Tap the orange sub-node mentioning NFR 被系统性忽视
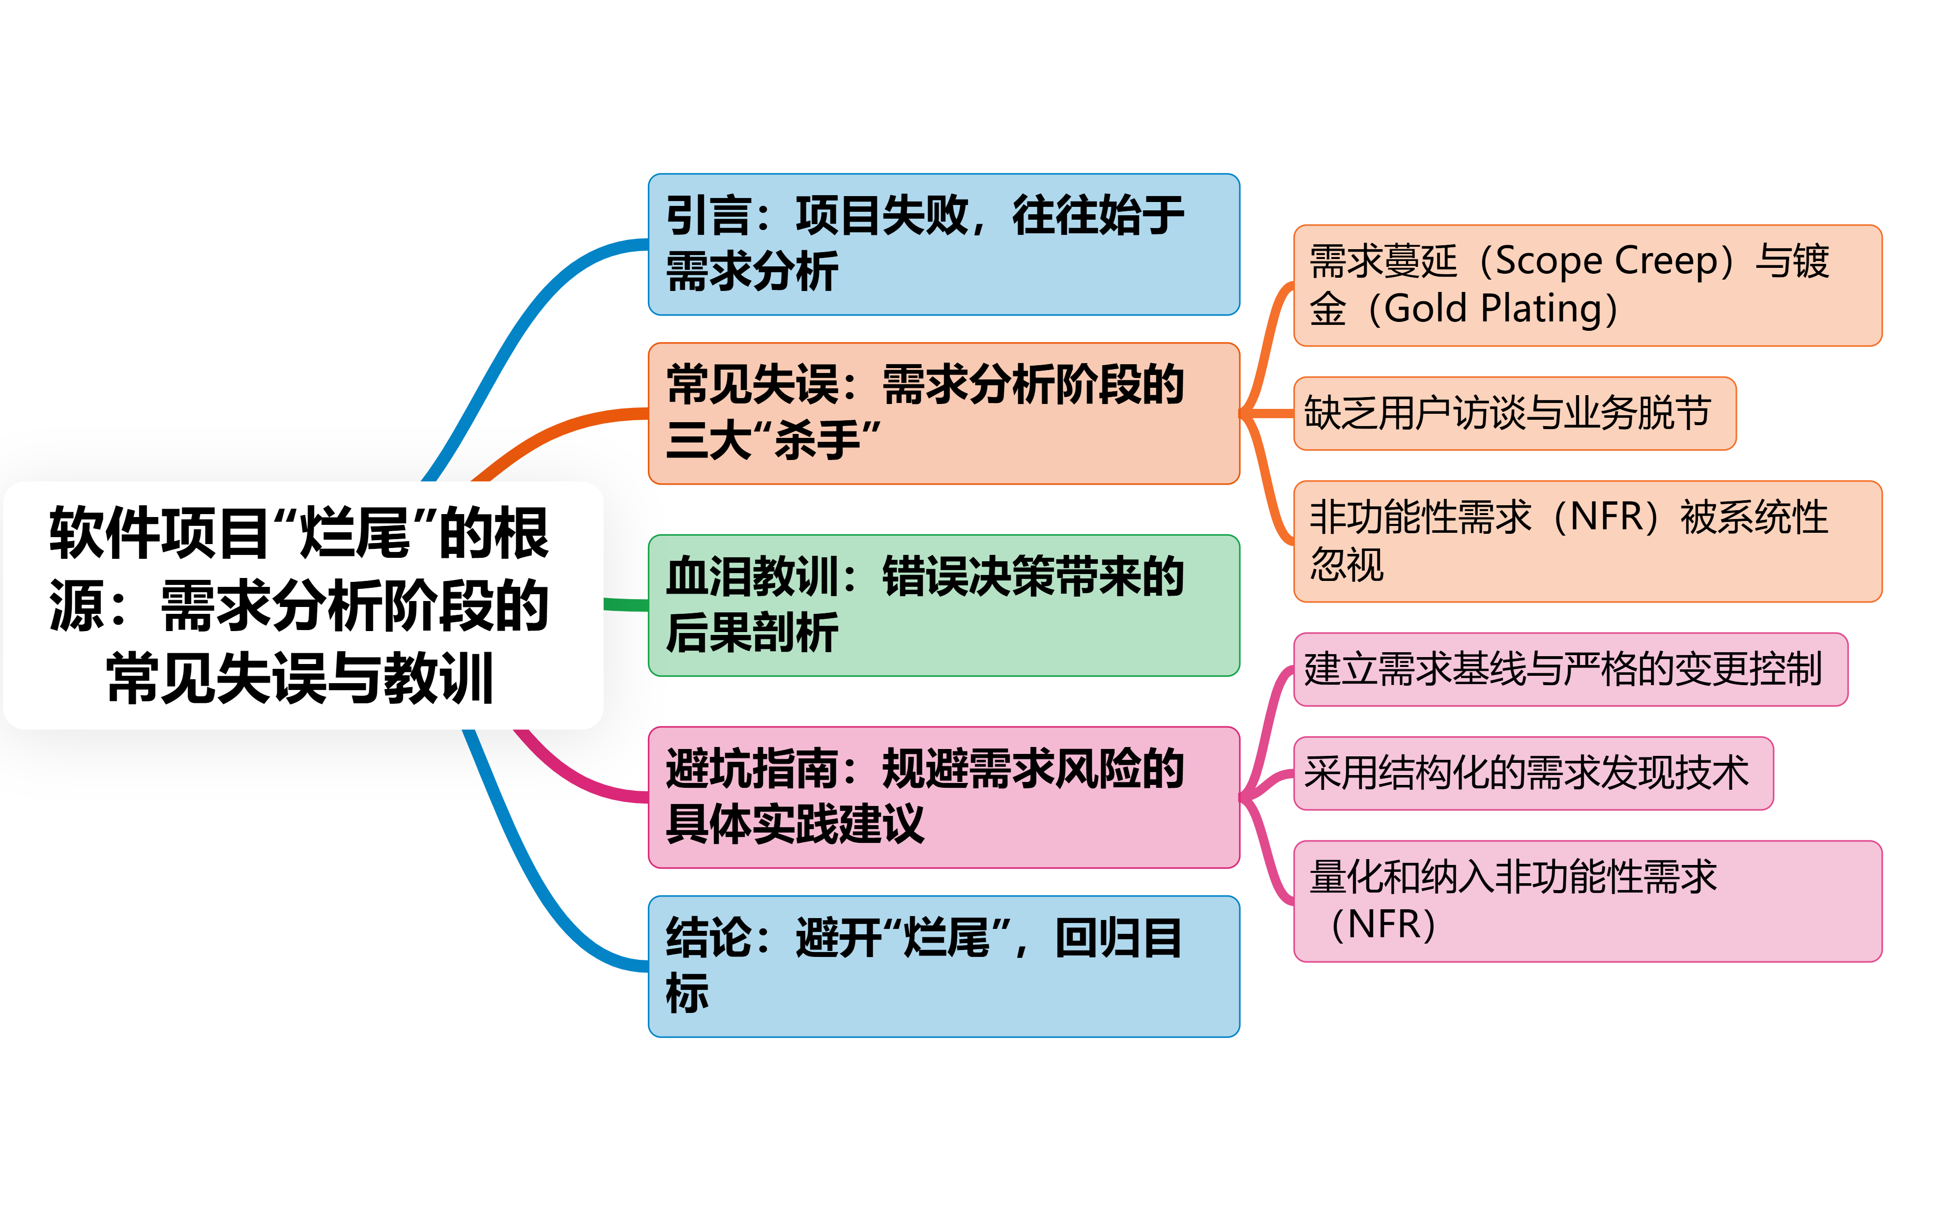pyautogui.click(x=1586, y=542)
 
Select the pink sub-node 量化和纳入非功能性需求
pyautogui.click(x=1586, y=900)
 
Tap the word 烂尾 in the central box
pyautogui.click(x=354, y=533)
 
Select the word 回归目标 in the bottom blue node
pyautogui.click(x=1117, y=939)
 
